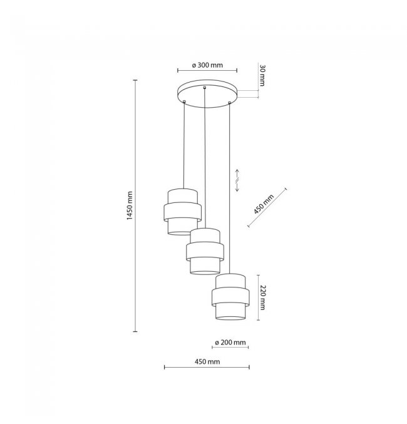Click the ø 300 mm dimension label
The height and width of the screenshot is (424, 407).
(207, 65)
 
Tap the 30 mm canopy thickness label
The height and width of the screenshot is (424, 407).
(262, 75)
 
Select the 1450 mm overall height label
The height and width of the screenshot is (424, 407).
(130, 205)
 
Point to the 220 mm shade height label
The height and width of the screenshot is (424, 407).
(262, 297)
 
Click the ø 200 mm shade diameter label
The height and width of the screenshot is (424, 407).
(230, 343)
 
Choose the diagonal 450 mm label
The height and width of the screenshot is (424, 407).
(264, 204)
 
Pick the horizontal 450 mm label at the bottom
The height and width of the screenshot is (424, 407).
(207, 362)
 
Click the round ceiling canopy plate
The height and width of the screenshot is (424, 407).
(207, 93)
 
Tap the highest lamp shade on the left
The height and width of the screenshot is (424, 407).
(183, 212)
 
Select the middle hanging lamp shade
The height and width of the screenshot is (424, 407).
(205, 251)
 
